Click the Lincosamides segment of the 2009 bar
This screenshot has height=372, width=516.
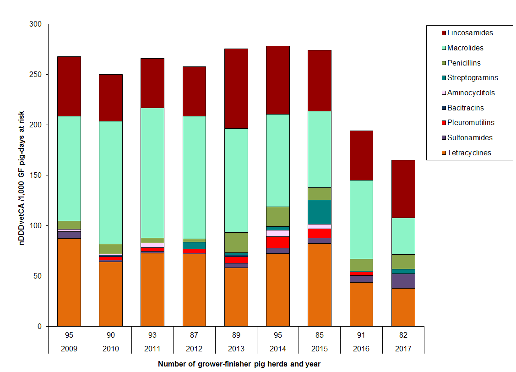point(69,86)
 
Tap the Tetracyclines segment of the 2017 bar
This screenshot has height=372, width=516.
point(403,307)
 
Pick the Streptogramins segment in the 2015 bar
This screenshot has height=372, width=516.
point(320,212)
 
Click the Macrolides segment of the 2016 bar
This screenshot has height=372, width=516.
point(361,219)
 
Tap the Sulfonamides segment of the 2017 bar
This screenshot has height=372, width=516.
point(403,281)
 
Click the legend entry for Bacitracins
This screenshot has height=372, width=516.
point(466,108)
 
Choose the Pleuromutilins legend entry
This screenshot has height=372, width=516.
point(471,123)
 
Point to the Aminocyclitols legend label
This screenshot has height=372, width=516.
point(471,93)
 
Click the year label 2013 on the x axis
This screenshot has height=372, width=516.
point(236,349)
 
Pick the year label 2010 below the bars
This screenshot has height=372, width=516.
point(111,349)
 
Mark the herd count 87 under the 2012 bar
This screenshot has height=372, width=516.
point(194,335)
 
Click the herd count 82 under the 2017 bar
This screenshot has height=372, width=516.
point(403,335)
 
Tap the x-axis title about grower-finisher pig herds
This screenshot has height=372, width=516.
point(239,364)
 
